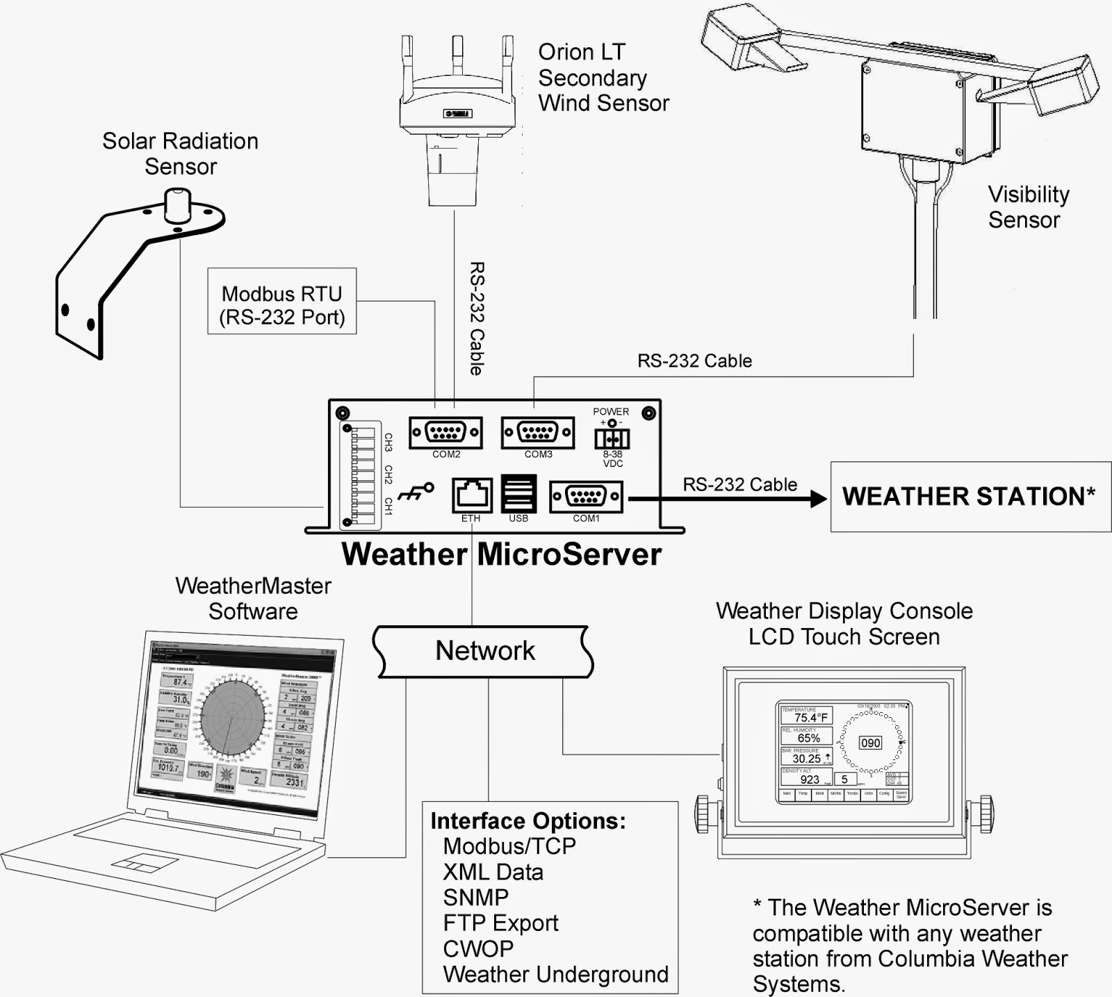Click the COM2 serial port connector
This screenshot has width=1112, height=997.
445,433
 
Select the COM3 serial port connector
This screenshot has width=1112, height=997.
538,433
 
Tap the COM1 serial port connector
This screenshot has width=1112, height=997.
586,497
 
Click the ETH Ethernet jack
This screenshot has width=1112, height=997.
472,495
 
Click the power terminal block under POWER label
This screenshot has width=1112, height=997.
612,438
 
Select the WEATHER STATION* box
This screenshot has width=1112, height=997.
970,497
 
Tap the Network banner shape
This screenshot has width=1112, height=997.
484,651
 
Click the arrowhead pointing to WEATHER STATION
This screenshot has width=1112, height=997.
818,497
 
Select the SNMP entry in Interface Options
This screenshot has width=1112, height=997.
476,898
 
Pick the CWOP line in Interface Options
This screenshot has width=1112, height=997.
478,948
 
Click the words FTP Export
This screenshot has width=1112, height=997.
500,923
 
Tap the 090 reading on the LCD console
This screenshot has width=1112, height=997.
870,743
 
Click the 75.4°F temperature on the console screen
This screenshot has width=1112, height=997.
811,718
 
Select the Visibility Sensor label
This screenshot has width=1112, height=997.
1027,207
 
